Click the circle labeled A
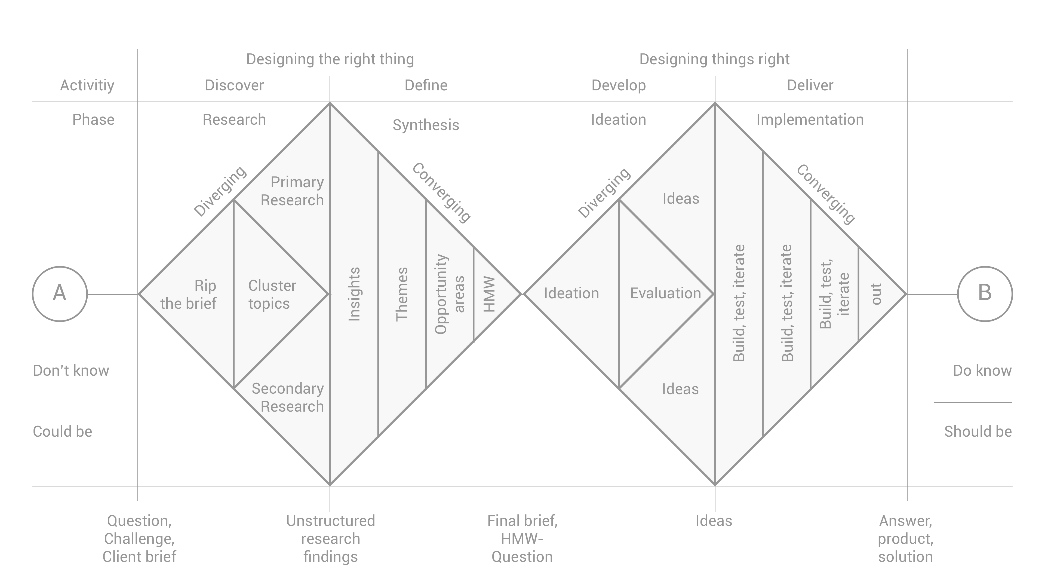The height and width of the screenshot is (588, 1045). (60, 294)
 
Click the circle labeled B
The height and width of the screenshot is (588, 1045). (985, 294)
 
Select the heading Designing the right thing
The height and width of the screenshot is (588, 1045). (330, 59)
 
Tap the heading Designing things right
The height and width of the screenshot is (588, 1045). (714, 59)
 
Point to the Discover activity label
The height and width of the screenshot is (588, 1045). (234, 85)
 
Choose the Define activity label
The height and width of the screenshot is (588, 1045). (426, 85)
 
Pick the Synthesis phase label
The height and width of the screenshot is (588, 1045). (426, 125)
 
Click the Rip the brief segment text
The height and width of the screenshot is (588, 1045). (189, 295)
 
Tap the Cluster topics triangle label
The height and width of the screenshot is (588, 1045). (272, 295)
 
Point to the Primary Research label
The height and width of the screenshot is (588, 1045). (293, 191)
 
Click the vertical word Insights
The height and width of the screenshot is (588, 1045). (354, 294)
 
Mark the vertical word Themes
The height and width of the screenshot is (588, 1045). (402, 294)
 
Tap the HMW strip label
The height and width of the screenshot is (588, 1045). (490, 294)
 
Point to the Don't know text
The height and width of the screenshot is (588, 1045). (71, 370)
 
